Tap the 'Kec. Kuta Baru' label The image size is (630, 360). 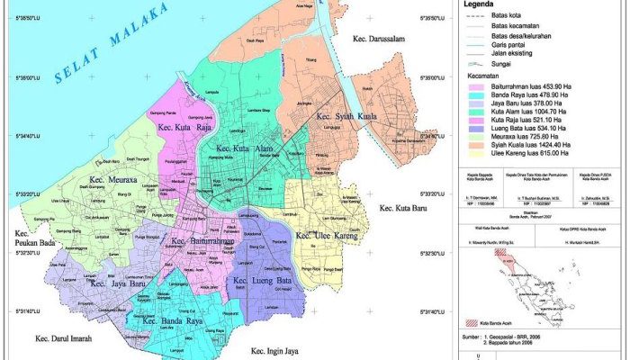[403, 210]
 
